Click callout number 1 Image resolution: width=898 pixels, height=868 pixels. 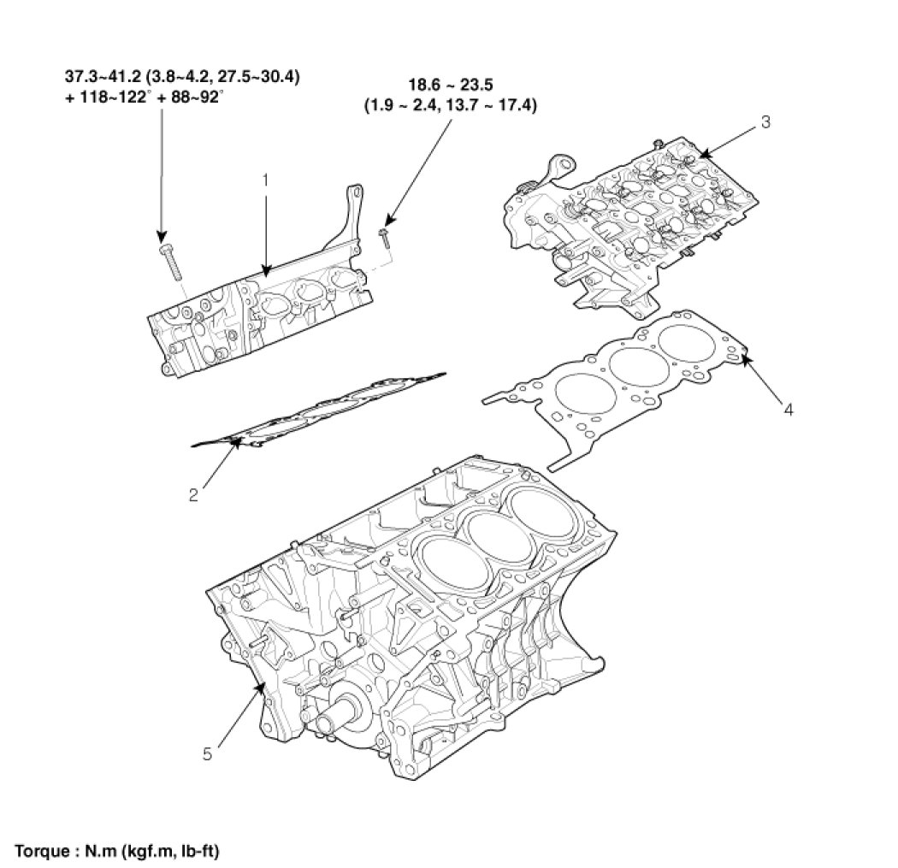[x=265, y=180]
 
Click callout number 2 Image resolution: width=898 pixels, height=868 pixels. [x=194, y=493]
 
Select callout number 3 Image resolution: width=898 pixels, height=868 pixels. [x=765, y=122]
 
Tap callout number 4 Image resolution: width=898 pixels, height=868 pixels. [x=788, y=410]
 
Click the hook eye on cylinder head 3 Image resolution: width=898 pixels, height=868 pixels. [x=541, y=162]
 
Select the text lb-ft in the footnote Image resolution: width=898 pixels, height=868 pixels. [x=200, y=852]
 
